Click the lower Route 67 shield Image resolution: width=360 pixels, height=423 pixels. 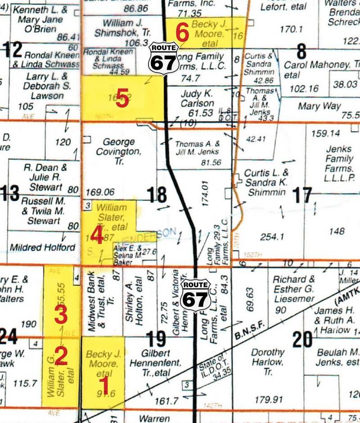(195, 294)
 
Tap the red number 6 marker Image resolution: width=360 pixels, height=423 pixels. (182, 33)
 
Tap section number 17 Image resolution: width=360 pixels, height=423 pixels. (302, 195)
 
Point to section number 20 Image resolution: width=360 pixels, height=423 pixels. (302, 338)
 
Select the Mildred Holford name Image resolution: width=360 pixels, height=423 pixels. (42, 247)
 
